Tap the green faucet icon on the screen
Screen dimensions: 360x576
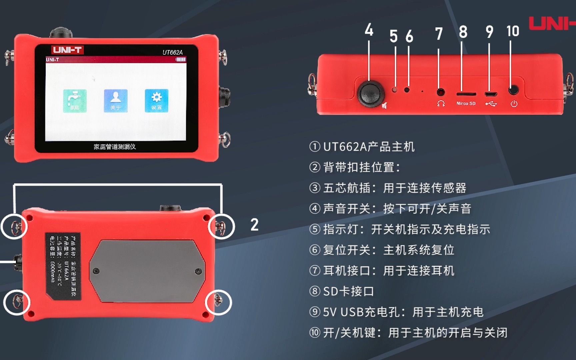(x=75, y=100)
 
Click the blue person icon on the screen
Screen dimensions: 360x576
(x=115, y=100)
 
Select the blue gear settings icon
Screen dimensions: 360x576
(x=156, y=100)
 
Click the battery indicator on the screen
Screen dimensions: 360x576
(x=181, y=59)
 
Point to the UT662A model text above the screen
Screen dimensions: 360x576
(x=172, y=52)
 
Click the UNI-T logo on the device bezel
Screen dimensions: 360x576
(x=67, y=50)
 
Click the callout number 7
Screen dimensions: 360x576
(x=439, y=34)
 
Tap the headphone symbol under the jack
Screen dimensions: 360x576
(x=441, y=104)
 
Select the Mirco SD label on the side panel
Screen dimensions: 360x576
(x=466, y=103)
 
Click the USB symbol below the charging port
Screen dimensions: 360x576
(x=491, y=104)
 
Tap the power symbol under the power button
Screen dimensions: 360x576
(x=514, y=104)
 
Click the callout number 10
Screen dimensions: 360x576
(x=513, y=31)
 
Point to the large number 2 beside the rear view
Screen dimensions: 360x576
(x=254, y=225)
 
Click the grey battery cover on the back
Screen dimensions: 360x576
(x=147, y=271)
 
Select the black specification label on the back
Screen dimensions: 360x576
(x=63, y=265)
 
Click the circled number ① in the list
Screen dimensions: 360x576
(x=315, y=147)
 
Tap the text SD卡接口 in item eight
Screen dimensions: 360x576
(x=348, y=291)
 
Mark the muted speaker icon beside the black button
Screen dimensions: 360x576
(x=384, y=106)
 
